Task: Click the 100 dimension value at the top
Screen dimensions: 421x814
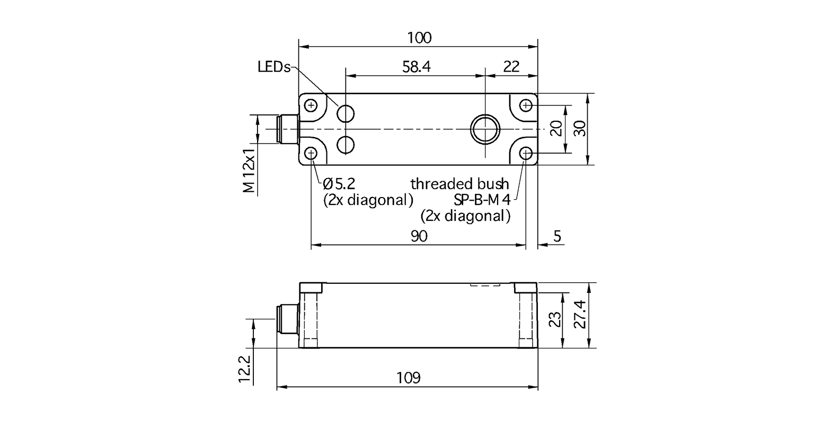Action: pos(419,38)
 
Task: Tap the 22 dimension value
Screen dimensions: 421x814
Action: pos(511,67)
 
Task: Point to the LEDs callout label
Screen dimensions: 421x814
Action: pos(274,67)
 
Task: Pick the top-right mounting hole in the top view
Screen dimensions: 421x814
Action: pos(526,105)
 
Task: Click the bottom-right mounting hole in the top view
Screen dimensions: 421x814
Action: pos(526,154)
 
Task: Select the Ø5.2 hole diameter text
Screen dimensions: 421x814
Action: pos(339,184)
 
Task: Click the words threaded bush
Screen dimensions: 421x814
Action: pos(459,184)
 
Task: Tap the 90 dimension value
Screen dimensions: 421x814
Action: pos(419,237)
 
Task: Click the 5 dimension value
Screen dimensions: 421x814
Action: pos(557,237)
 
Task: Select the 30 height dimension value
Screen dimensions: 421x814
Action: pos(581,129)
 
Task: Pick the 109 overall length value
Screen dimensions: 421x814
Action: pos(408,378)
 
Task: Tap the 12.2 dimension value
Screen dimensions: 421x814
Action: pos(244,369)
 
